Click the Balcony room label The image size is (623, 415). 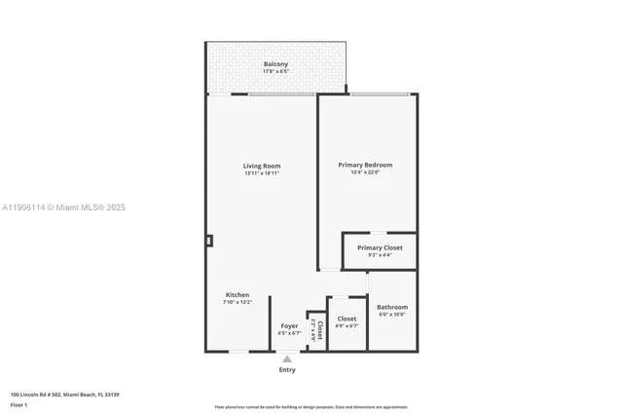[x=275, y=64]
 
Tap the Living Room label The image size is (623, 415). [x=262, y=166]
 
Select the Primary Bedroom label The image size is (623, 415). [x=365, y=165]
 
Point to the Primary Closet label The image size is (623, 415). [x=380, y=247]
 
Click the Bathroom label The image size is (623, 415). [x=392, y=307]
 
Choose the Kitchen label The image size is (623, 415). [x=238, y=294]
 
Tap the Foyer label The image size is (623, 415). [x=289, y=325]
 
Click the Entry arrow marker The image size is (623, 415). [x=287, y=359]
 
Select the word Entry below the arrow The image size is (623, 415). [x=287, y=370]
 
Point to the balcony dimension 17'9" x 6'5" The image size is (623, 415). [x=275, y=71]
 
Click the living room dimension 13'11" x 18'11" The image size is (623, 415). [x=262, y=173]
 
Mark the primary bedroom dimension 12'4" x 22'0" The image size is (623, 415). [x=365, y=172]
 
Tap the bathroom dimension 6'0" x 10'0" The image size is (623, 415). [x=392, y=315]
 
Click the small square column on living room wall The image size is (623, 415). [x=209, y=241]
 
